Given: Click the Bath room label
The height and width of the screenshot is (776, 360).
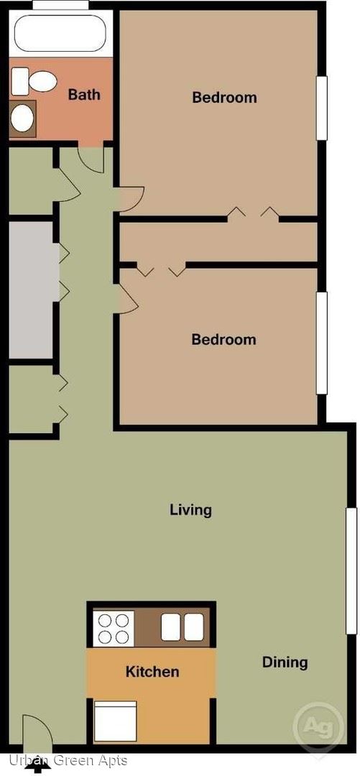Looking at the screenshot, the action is click(84, 94).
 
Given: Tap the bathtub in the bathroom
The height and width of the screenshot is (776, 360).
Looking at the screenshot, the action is click(60, 32).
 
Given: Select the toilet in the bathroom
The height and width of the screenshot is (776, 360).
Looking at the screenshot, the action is click(34, 80).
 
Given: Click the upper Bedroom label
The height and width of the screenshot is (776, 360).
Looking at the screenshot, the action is click(224, 97).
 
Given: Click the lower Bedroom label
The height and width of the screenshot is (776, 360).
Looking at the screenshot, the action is click(223, 339).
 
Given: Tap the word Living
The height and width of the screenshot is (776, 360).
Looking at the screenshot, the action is click(190, 509).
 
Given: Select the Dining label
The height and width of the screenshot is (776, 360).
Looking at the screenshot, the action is click(285, 662).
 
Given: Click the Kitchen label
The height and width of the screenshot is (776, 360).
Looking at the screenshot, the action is click(152, 672).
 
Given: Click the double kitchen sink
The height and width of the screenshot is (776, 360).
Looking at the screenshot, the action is click(183, 627).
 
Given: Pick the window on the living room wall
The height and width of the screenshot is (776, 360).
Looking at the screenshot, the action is click(351, 571).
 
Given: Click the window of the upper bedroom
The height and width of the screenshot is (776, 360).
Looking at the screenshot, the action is click(322, 107).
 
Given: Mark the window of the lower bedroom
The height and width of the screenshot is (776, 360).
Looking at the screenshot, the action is click(322, 343).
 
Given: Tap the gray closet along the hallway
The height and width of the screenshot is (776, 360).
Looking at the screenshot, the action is click(31, 290).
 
